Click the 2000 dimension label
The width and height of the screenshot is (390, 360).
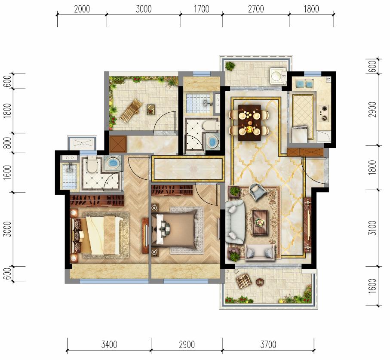click(82, 9)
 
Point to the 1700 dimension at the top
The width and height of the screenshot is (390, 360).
click(202, 9)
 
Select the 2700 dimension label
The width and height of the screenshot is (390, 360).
click(256, 9)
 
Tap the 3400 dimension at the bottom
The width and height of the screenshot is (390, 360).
click(109, 345)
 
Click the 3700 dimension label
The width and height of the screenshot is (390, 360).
click(268, 345)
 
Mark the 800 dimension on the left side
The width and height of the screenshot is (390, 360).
click(8, 143)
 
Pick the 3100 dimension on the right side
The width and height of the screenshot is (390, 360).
click(373, 228)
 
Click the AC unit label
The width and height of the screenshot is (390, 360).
click(82, 143)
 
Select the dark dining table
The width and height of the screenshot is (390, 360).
click(249, 123)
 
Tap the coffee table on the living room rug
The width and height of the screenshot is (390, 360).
click(260, 222)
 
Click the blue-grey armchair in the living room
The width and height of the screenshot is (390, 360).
click(258, 191)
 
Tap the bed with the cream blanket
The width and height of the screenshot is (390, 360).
click(97, 235)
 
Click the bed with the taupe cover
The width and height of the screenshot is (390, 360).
click(174, 228)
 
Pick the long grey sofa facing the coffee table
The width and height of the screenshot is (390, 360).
click(235, 222)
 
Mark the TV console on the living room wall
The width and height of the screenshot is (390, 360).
click(308, 225)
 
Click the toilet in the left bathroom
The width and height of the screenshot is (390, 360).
click(92, 164)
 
